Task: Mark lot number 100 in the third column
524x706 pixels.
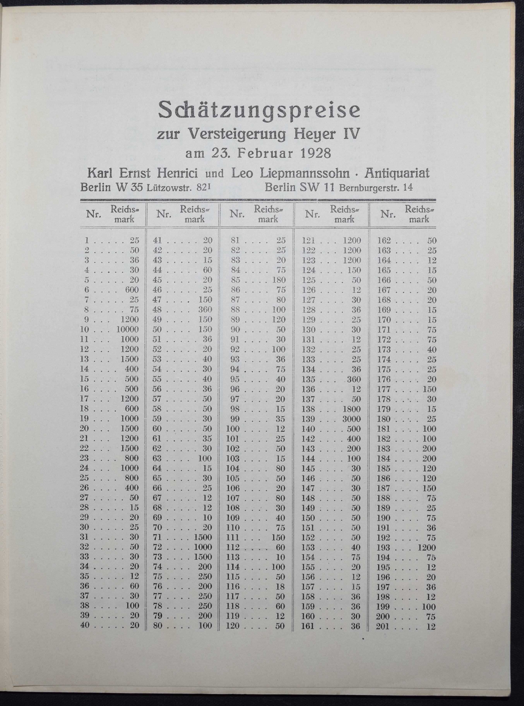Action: pos(233,429)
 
